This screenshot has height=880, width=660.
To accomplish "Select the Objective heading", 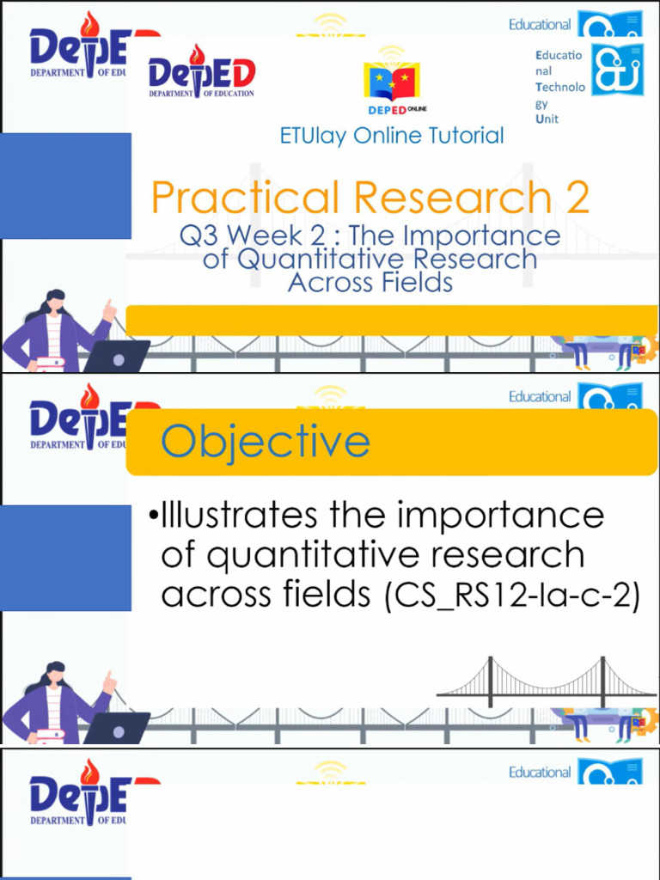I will point(266,442).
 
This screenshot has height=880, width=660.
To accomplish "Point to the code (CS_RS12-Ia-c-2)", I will point(512,595).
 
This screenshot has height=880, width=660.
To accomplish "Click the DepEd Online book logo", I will point(391,82).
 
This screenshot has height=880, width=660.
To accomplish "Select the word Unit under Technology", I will point(547,119).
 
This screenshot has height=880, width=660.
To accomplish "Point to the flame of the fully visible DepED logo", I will point(197,55).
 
